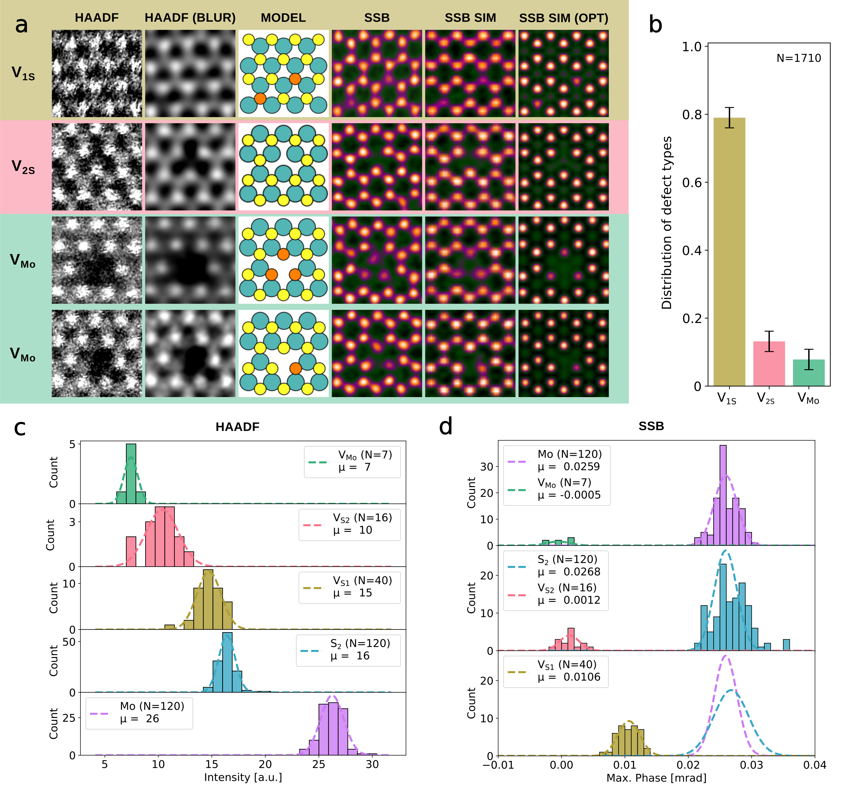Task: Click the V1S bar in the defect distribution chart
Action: coord(729,252)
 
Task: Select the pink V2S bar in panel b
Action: coord(769,363)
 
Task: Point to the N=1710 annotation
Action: coord(799,58)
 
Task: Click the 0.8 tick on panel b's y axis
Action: coord(692,114)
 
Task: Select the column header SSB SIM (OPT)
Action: coord(563,18)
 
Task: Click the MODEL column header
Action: coord(283,18)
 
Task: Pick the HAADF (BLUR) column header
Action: coord(190,18)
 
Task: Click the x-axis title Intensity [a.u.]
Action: coord(243,777)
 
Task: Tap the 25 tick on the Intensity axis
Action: coord(319,764)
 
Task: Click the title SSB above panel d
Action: coord(651,426)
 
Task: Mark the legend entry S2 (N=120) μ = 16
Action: coord(348,650)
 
